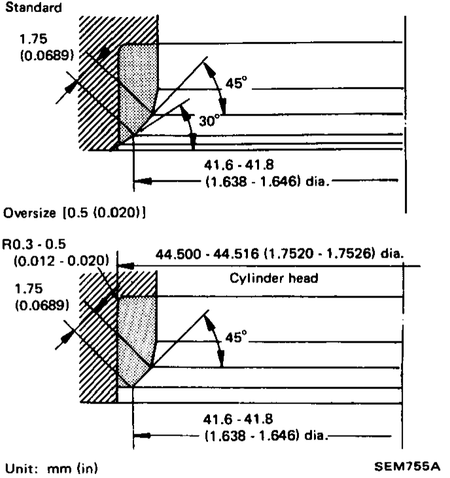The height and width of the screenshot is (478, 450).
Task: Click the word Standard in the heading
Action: click(33, 8)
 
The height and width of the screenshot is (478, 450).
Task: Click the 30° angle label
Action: click(209, 121)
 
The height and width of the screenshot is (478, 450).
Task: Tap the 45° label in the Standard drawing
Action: click(236, 82)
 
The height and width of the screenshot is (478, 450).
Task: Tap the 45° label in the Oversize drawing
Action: click(236, 337)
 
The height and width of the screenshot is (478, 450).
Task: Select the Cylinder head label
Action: click(274, 279)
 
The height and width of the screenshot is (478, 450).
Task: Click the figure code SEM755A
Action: click(407, 466)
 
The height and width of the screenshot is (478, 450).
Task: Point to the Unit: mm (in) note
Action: click(52, 469)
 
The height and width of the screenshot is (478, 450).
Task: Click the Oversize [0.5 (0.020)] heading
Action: click(75, 213)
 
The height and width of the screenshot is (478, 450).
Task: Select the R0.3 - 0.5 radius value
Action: click(34, 244)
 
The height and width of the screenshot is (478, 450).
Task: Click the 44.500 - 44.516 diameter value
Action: click(207, 254)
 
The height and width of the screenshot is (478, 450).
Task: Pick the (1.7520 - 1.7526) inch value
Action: click(319, 254)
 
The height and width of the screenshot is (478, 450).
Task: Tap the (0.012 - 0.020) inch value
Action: click(61, 261)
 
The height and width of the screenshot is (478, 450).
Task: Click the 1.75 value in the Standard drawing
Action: click(33, 39)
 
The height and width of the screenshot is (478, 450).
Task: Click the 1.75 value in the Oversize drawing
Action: click(29, 288)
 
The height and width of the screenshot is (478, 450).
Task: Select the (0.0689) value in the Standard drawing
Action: click(47, 56)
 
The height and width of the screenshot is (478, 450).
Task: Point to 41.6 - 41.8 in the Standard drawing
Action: click(239, 165)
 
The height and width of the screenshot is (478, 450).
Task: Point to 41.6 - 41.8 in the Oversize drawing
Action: click(238, 419)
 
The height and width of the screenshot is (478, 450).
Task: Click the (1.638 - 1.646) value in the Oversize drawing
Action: click(251, 435)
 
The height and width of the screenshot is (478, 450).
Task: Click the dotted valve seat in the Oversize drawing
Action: click(135, 338)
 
